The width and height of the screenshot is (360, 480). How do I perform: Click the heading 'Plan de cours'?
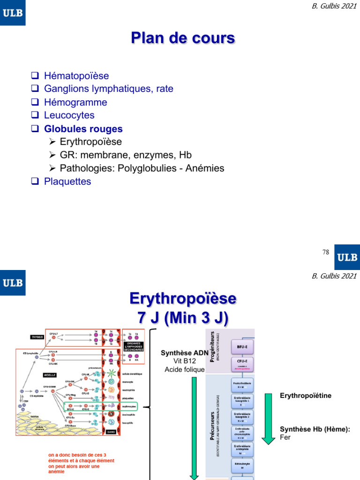(182, 38)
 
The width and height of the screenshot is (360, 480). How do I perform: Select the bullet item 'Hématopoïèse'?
(76, 75)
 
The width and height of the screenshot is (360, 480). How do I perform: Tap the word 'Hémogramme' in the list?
(75, 102)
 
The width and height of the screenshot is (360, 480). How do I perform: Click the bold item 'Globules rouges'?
(83, 128)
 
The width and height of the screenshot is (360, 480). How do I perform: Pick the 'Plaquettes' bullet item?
(67, 181)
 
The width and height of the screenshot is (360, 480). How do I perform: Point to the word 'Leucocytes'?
(69, 115)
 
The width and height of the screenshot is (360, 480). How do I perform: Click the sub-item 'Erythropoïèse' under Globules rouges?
(91, 142)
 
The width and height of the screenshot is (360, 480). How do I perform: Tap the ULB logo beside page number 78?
(347, 257)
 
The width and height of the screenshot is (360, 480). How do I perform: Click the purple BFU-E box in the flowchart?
(243, 347)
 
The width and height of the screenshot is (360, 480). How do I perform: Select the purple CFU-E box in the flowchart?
(243, 363)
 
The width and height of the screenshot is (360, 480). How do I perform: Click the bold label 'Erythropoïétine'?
(306, 396)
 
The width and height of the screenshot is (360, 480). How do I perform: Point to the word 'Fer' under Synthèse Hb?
(285, 437)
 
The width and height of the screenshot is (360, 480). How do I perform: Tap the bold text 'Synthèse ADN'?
(183, 353)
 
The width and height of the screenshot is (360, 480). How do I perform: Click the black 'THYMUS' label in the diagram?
(37, 337)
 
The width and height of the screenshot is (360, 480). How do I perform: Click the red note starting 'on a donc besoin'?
(81, 463)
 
